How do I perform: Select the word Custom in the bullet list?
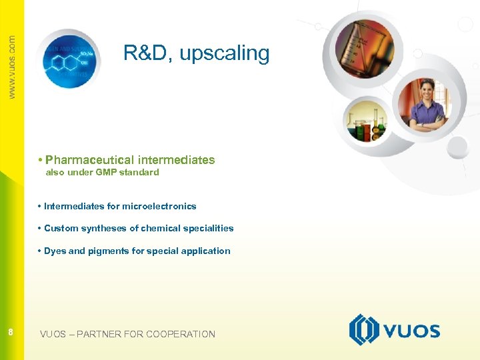coord(61,229)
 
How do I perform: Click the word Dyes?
coord(55,251)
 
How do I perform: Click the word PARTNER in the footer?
coord(99,334)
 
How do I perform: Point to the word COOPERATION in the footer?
coord(181,334)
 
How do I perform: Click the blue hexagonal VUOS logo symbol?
coord(365,330)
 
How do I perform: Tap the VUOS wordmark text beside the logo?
coord(411,331)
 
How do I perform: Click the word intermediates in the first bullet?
coord(176,160)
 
